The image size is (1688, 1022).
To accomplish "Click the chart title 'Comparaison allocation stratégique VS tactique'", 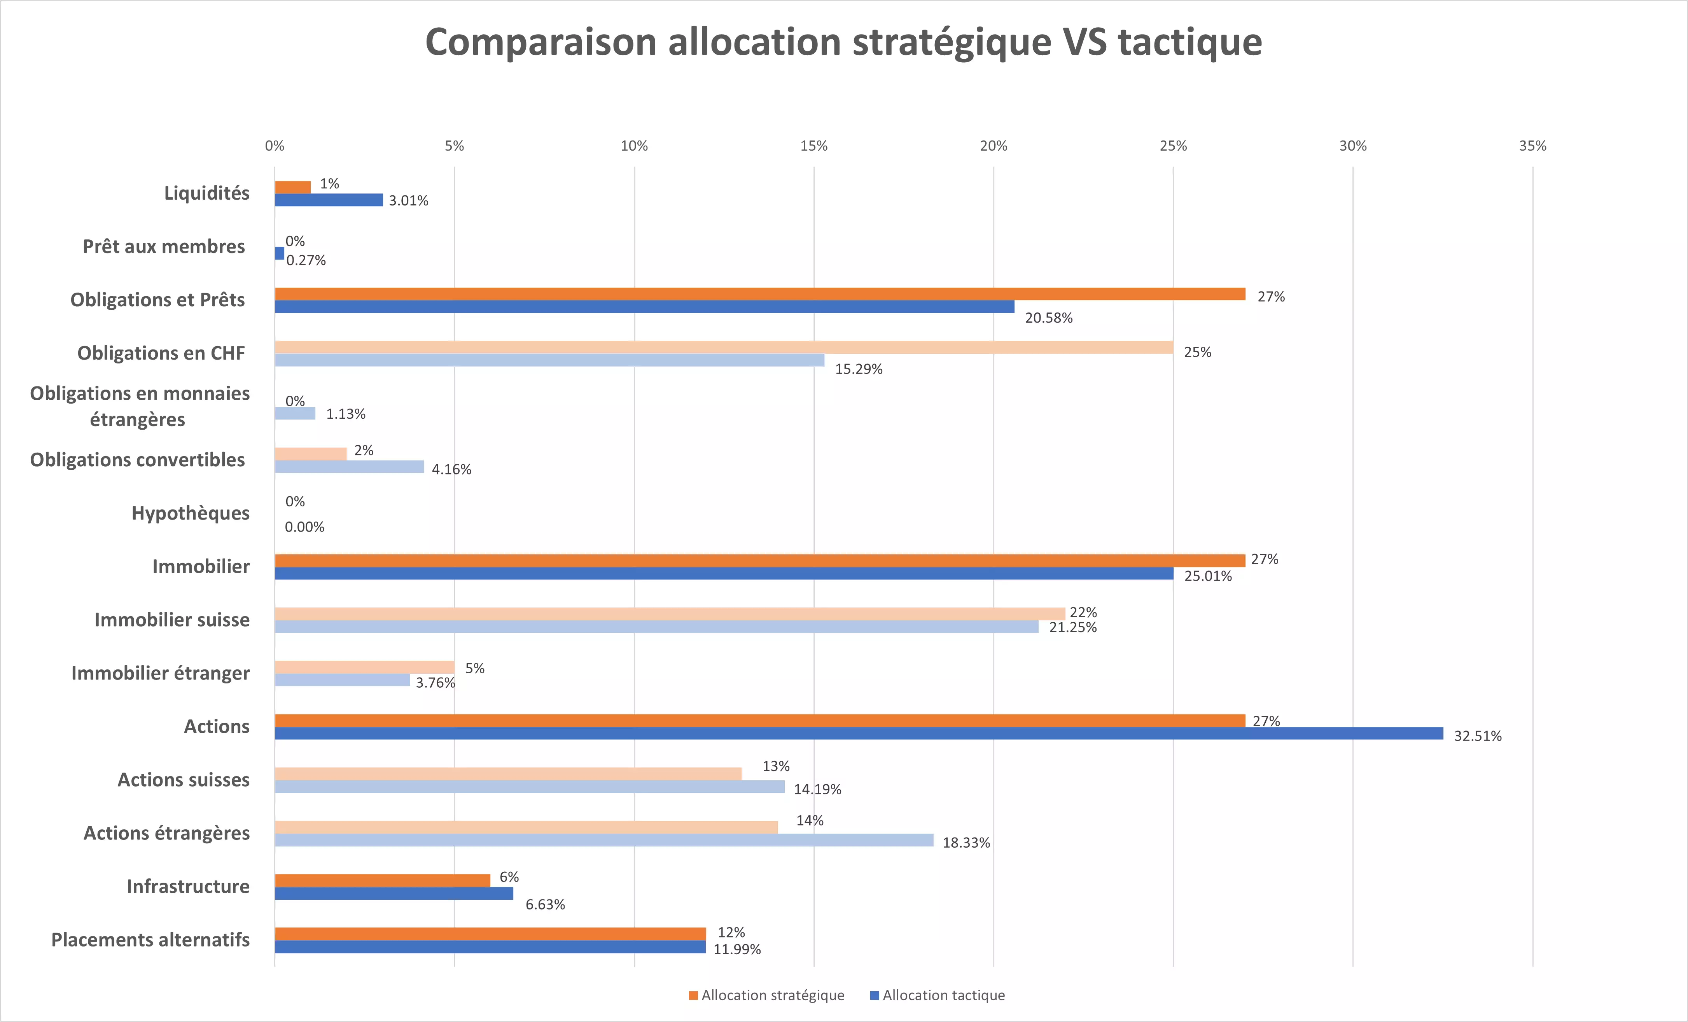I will tap(843, 42).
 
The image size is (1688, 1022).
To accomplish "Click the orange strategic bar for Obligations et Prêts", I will tap(760, 294).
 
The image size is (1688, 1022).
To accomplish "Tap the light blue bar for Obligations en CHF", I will tap(549, 360).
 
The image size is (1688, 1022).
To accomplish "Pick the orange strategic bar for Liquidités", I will tap(292, 187).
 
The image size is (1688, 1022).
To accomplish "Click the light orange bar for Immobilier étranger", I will tap(364, 667).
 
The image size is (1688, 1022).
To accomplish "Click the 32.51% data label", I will tap(1477, 736).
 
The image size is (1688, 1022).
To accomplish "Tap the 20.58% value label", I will tap(1048, 318).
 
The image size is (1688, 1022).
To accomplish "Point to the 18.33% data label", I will tap(966, 843).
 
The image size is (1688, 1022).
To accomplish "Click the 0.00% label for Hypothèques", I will tap(304, 527).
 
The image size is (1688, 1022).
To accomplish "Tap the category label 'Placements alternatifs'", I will tap(150, 940).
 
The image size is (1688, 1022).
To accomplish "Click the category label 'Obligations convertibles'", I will tap(137, 460).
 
